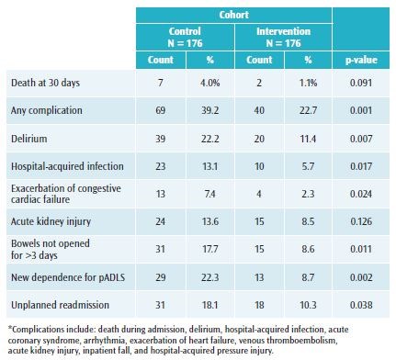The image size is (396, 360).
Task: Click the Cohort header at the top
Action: point(233,15)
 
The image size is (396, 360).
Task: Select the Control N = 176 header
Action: point(185,37)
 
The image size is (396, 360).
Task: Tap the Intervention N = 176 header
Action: point(283,37)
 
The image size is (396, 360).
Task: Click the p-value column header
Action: point(361,60)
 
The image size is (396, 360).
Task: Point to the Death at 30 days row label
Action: point(45,83)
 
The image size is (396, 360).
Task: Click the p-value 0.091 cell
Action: point(361,83)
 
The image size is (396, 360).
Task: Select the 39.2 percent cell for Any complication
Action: point(209,110)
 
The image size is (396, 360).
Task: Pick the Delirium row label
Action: point(29,139)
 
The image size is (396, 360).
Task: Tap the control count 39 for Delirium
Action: point(160,139)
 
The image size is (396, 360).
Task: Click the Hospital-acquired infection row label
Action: point(67,166)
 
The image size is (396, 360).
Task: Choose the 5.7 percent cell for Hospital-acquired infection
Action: point(308,166)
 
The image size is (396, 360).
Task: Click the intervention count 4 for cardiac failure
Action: point(259,194)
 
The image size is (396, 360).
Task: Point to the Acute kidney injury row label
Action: point(51,221)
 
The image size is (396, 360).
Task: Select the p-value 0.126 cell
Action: point(361,221)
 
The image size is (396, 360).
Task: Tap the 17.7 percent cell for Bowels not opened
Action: point(209,249)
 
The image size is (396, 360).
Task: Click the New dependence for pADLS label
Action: point(68,277)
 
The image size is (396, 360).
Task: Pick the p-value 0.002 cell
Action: point(361,277)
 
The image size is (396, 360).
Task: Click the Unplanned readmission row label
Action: point(60,305)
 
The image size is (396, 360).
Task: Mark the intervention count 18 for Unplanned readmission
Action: point(259,305)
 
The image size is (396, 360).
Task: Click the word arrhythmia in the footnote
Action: point(99,341)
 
